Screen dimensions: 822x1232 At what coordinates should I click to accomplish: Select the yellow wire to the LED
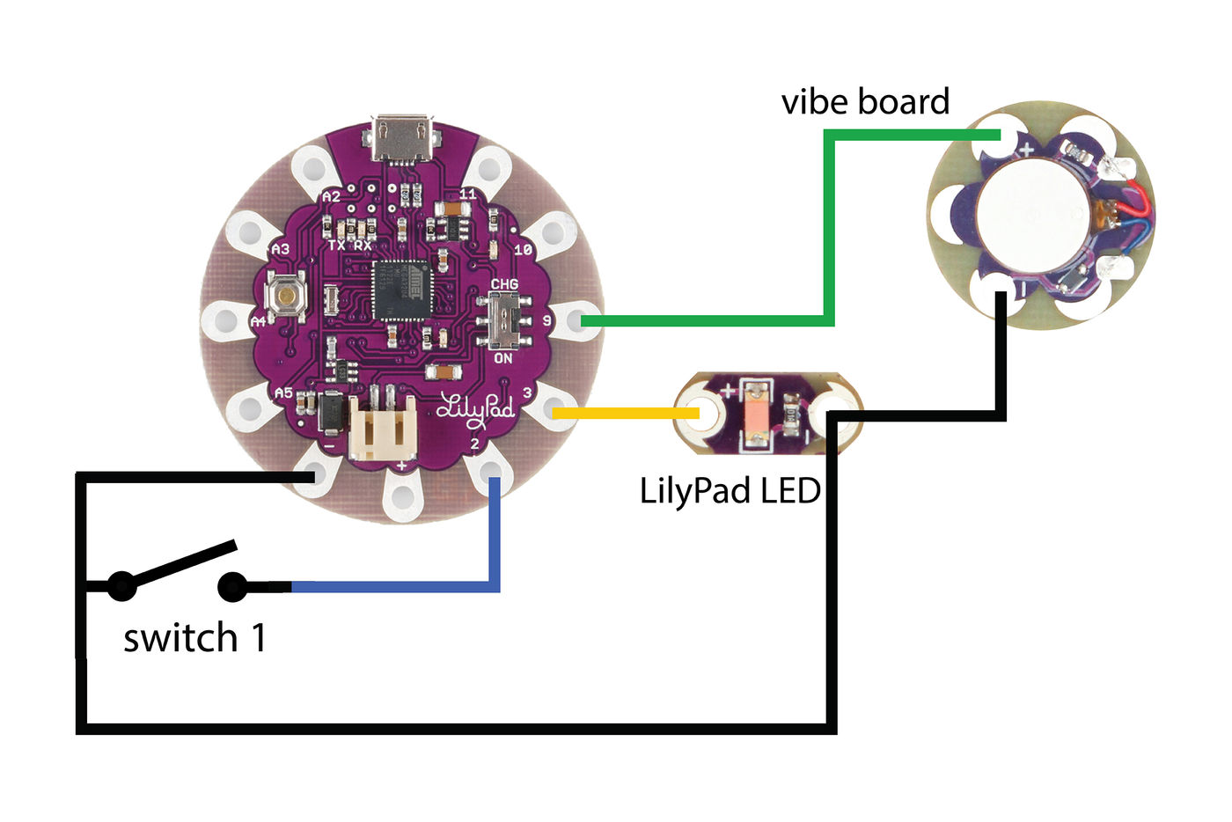(x=625, y=412)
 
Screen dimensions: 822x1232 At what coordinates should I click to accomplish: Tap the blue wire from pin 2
(x=396, y=586)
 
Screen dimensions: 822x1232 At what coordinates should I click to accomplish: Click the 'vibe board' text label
(x=865, y=102)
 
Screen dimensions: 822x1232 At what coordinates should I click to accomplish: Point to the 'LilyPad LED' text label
(x=730, y=490)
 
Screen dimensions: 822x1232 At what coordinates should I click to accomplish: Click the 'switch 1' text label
(x=194, y=638)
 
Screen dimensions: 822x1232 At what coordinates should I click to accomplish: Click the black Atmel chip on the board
(x=403, y=291)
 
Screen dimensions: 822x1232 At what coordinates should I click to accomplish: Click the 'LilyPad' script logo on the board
(x=475, y=407)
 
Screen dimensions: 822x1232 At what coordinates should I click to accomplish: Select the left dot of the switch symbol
(x=121, y=586)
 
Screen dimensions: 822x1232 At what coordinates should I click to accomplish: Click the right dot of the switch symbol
(x=231, y=586)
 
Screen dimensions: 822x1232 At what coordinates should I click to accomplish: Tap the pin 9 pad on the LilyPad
(x=576, y=320)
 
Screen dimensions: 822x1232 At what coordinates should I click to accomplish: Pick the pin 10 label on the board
(x=523, y=249)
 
